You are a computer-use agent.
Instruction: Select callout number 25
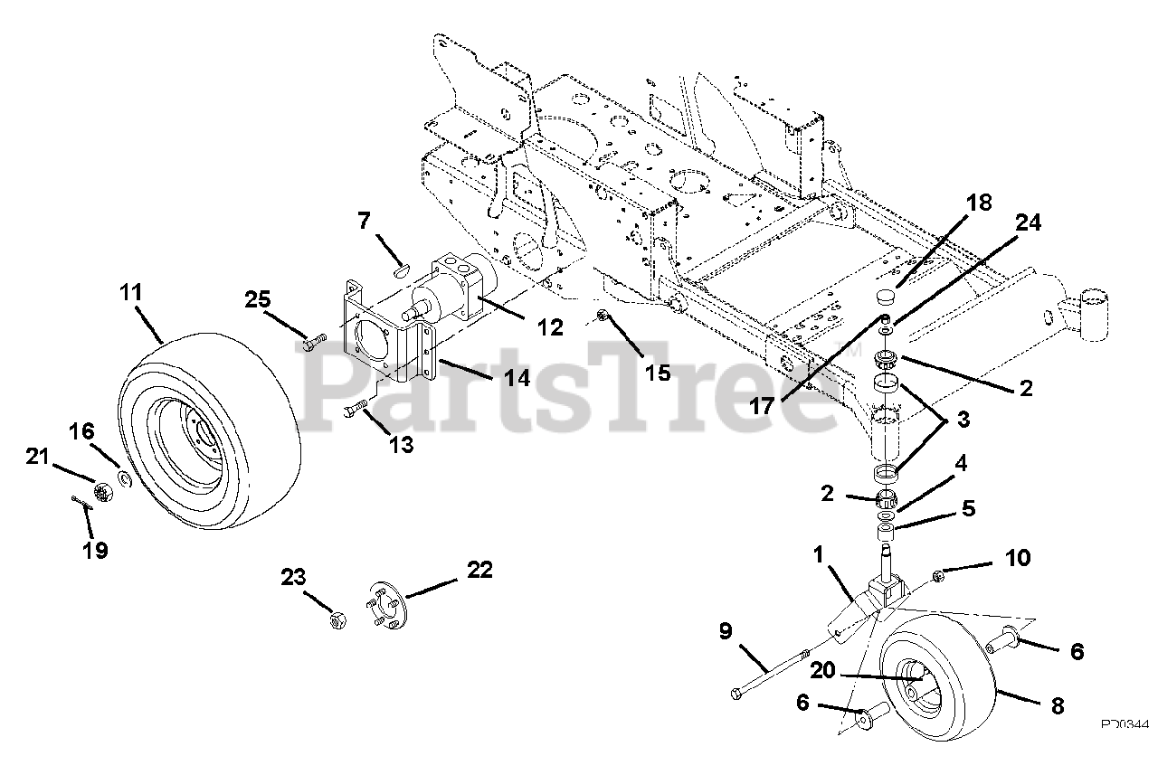coord(258,298)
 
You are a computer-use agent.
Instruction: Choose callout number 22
coord(479,569)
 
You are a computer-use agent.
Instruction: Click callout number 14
coord(516,377)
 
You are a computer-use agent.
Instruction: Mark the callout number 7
coord(364,220)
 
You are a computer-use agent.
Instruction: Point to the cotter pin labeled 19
coord(81,504)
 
